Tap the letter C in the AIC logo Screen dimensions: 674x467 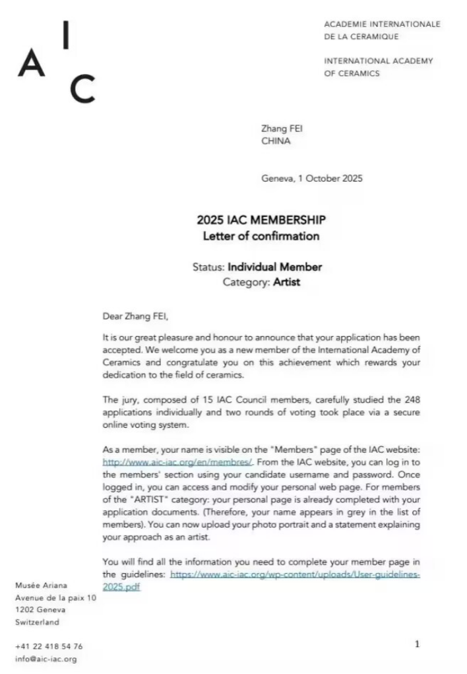pos(82,90)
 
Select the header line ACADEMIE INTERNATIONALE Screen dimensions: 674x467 pos(381,24)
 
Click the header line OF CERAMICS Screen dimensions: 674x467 pos(352,74)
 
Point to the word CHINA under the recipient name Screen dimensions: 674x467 pos(276,141)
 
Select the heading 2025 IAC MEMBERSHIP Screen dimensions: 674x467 pos(261,220)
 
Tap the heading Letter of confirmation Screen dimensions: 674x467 pos(261,236)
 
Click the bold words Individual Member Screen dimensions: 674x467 pos(274,267)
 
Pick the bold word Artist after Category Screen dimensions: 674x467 pos(286,283)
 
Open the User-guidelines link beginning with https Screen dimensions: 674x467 pos(295,574)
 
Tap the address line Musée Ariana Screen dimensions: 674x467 pos(40,586)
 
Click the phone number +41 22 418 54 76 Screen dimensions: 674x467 pos(49,646)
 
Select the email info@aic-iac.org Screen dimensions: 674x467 pos(46,659)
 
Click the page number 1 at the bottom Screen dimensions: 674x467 pos(417,644)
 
